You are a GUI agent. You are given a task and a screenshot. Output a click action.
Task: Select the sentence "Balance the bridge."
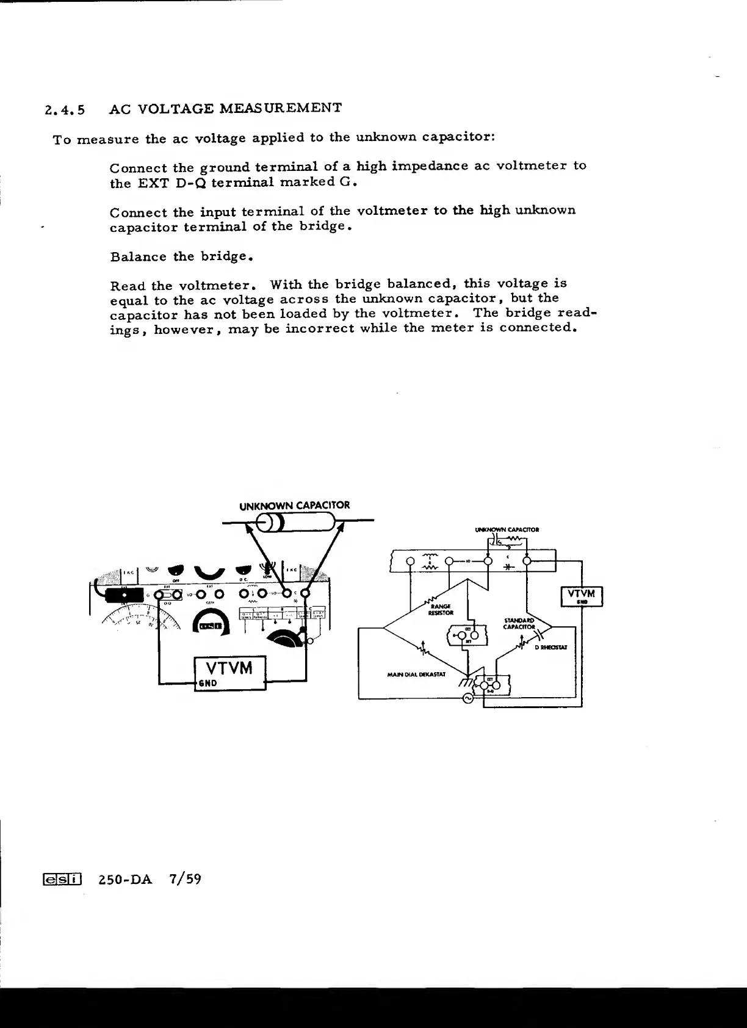pyautogui.click(x=182, y=256)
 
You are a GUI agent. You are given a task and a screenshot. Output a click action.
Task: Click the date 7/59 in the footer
pyautogui.click(x=186, y=879)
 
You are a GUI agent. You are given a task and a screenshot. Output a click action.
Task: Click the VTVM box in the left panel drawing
pyautogui.click(x=229, y=672)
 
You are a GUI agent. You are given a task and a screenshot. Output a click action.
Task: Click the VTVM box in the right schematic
pyautogui.click(x=581, y=596)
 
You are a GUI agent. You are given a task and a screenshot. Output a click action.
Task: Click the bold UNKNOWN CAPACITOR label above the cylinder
pyautogui.click(x=295, y=505)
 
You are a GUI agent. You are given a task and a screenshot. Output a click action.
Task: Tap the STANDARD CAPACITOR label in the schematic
pyautogui.click(x=519, y=623)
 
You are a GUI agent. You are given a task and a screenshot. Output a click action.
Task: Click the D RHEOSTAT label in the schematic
pyautogui.click(x=551, y=647)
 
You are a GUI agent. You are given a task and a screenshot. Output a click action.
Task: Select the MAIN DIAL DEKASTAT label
pyautogui.click(x=417, y=675)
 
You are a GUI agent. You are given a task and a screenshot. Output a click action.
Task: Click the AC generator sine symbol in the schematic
pyautogui.click(x=468, y=699)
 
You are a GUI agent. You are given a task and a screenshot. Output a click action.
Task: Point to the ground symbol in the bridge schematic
pyautogui.click(x=466, y=682)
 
